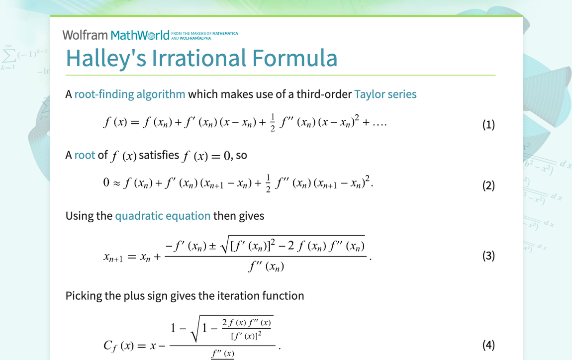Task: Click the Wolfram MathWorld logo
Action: tap(116, 35)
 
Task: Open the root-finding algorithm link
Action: tap(130, 94)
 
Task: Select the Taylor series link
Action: tap(385, 94)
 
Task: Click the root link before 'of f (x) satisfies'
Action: tap(85, 155)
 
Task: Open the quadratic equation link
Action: tap(163, 216)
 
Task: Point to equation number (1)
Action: tap(488, 124)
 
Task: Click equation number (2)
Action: tap(488, 185)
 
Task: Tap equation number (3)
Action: tap(488, 256)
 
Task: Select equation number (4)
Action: tap(488, 345)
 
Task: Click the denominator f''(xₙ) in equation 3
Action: tap(266, 267)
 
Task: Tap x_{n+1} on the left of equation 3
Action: tap(113, 258)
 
